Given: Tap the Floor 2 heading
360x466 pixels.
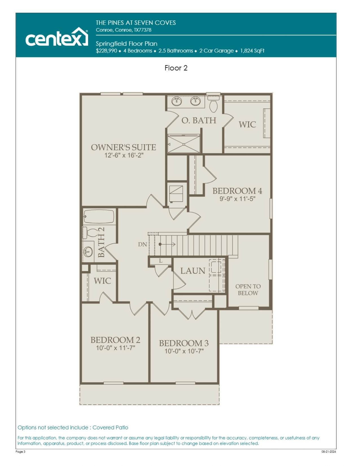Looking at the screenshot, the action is click(x=176, y=68).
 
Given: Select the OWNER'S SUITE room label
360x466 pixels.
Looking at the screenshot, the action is click(x=123, y=147).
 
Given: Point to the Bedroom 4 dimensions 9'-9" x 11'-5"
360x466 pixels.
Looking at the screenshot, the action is click(x=237, y=199).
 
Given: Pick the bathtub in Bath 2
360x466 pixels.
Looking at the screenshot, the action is click(x=99, y=217).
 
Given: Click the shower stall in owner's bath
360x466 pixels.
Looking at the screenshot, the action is click(x=184, y=144).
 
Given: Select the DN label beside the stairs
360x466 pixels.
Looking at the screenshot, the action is click(x=142, y=244).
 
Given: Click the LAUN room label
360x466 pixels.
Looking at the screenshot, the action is click(x=193, y=271).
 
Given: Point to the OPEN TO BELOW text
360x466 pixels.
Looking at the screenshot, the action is click(x=248, y=290).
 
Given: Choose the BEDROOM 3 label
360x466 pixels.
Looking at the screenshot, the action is click(x=184, y=343).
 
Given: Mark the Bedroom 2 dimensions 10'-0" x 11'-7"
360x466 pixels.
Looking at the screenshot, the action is click(x=115, y=348).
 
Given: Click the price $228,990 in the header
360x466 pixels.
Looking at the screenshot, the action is click(x=106, y=51).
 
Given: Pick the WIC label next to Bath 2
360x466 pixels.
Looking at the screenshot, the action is click(x=102, y=281).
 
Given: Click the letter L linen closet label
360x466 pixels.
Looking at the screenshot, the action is click(x=161, y=261).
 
